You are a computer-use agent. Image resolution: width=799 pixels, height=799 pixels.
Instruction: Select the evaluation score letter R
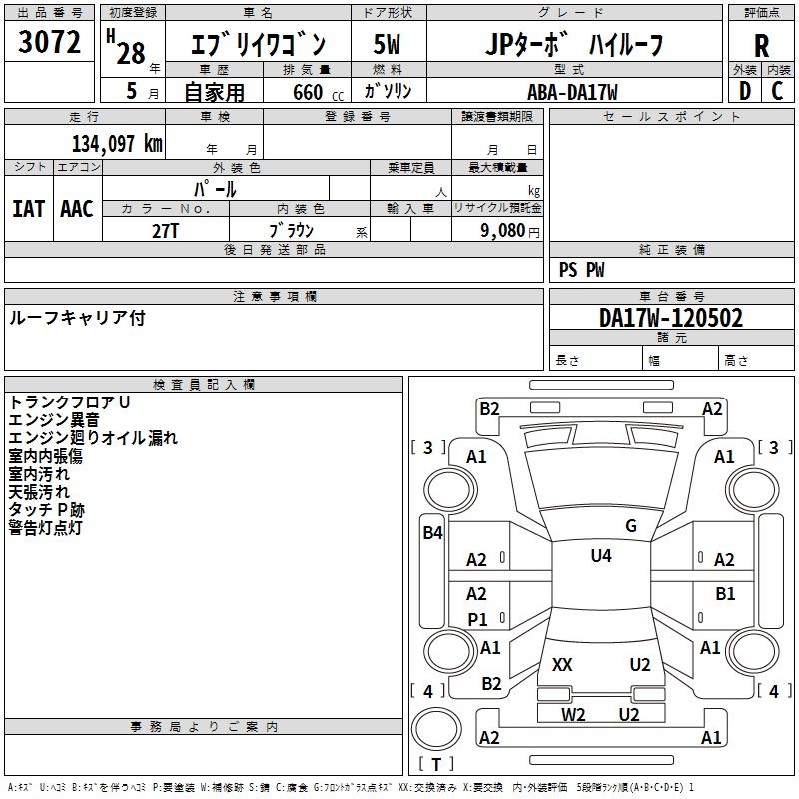click(761, 46)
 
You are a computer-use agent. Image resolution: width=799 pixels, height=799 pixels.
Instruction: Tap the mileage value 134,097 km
click(117, 143)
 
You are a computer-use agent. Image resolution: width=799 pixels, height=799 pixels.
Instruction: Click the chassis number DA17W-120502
click(671, 318)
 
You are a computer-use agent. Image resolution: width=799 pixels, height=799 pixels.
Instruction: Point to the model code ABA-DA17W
click(572, 92)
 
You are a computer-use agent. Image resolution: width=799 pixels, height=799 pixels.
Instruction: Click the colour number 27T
click(166, 229)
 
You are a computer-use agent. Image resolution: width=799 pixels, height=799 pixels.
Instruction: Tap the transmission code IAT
click(28, 208)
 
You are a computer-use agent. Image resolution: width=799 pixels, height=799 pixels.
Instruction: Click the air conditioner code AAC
click(77, 208)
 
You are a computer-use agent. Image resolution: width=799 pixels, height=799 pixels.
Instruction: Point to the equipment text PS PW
click(581, 269)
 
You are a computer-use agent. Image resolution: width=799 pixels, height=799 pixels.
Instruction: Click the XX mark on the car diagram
click(562, 665)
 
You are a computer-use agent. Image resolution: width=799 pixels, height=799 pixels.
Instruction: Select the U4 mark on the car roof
click(601, 556)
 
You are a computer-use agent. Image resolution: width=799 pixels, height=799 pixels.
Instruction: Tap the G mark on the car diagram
click(630, 526)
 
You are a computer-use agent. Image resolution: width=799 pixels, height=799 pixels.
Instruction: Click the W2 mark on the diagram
click(573, 714)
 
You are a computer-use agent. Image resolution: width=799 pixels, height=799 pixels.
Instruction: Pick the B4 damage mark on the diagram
click(431, 533)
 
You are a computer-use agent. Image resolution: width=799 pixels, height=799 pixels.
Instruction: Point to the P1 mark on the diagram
click(478, 619)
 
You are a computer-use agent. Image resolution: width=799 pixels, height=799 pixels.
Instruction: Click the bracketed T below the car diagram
click(436, 764)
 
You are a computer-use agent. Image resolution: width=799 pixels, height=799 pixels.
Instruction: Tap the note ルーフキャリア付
click(77, 317)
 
